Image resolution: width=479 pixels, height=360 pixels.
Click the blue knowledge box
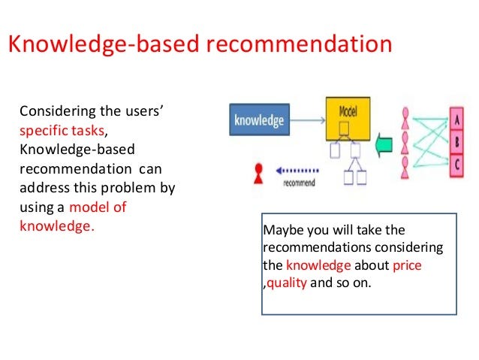pos(259,119)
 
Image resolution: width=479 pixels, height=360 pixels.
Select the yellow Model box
pos(348,119)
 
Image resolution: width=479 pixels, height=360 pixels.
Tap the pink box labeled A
pos(456,119)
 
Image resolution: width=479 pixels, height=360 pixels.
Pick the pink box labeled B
pos(456,143)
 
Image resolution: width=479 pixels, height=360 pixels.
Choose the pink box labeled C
pos(456,165)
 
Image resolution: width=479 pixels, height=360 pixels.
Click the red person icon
pos(258,174)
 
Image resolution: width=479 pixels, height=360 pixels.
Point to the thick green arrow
pos(384,145)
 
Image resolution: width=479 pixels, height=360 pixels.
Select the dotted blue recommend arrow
pos(297,171)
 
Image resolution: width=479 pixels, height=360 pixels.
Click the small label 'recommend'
pos(299,183)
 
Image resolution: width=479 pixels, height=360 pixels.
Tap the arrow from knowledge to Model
pos(307,120)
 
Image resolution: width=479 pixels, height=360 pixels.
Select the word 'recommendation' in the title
pos(300,44)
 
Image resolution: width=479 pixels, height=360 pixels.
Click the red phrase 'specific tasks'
pos(62,131)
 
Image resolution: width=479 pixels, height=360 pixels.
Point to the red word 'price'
pos(407,265)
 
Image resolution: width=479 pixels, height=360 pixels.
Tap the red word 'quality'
pos(287,283)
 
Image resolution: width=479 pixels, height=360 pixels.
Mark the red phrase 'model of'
pos(98,207)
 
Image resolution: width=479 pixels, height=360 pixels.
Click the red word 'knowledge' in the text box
pos(318,265)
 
